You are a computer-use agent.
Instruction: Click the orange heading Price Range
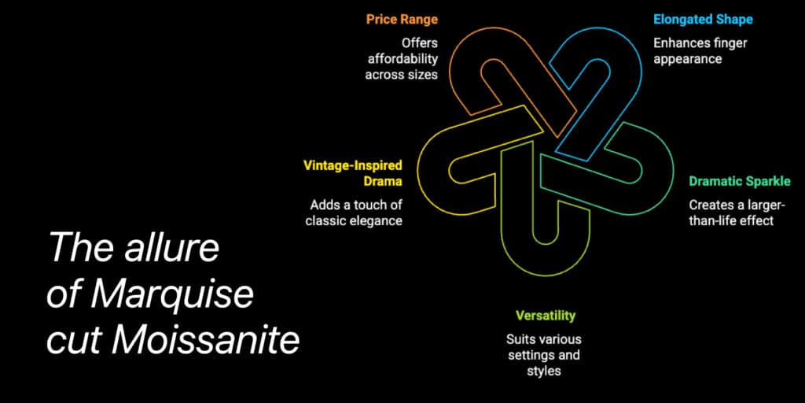(x=402, y=20)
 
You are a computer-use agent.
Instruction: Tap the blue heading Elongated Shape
(x=703, y=20)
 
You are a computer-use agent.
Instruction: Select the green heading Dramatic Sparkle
(x=740, y=182)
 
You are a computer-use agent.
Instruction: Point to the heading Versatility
(x=546, y=315)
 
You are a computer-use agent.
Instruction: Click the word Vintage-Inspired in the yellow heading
(x=352, y=165)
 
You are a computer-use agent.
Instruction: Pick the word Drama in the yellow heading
(x=383, y=182)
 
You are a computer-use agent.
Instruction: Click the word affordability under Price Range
(x=402, y=58)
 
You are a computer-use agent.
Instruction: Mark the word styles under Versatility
(x=544, y=372)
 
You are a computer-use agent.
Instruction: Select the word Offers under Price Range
(x=420, y=43)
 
